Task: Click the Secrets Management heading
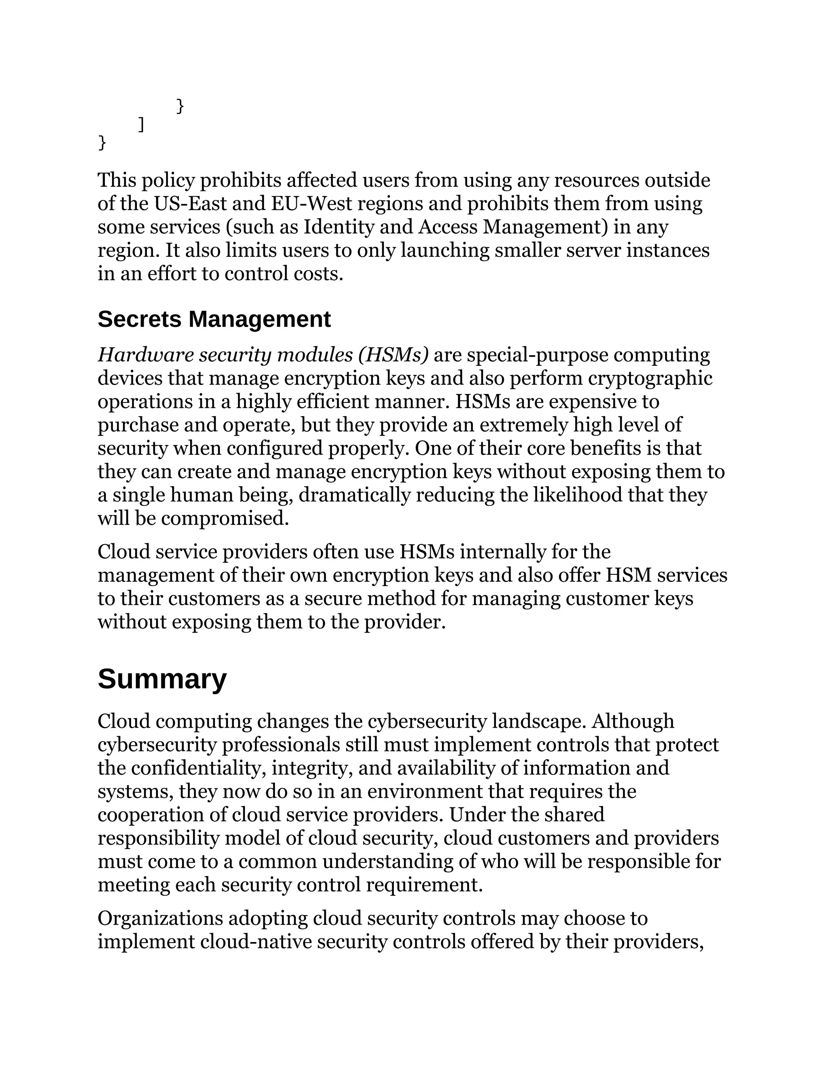[x=214, y=320]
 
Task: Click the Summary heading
[x=162, y=679]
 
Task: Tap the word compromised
[x=225, y=518]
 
